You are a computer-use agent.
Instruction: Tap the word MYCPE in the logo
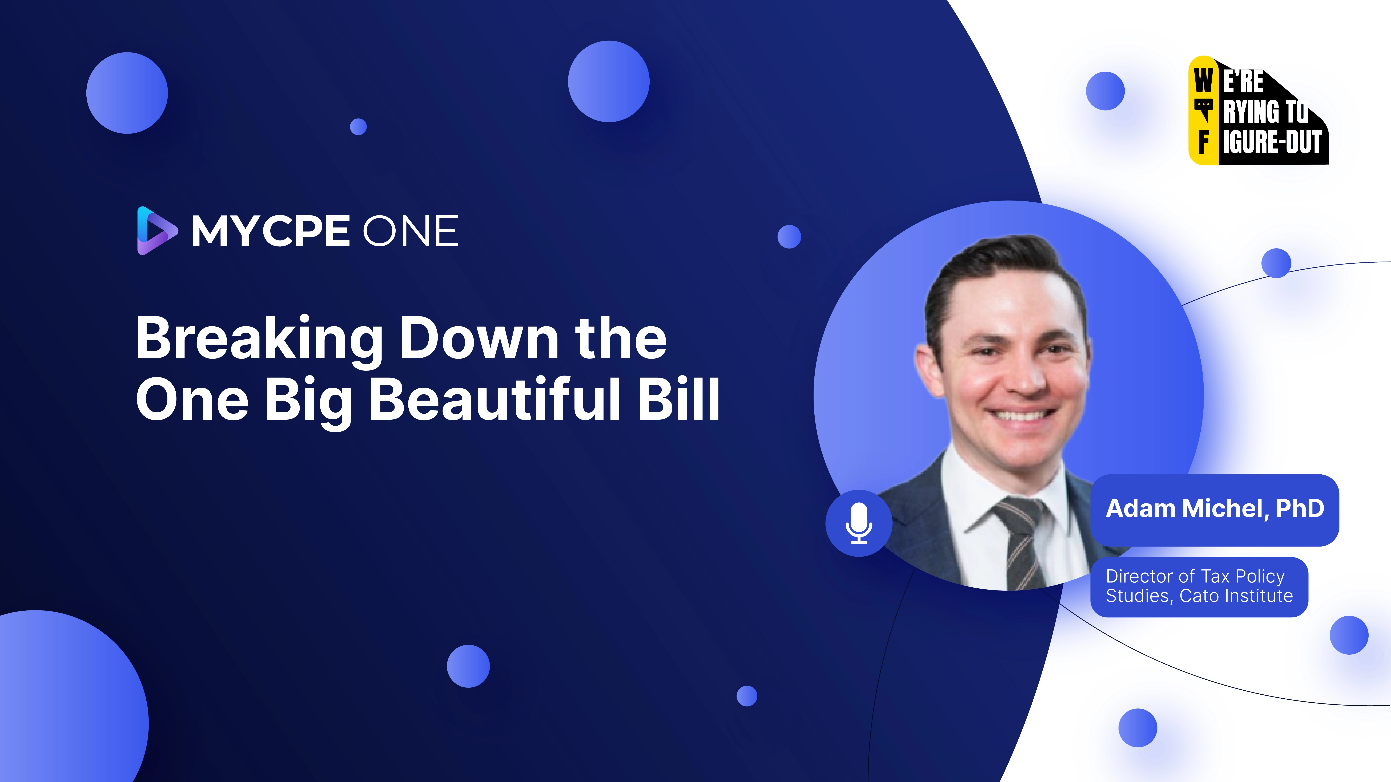point(270,231)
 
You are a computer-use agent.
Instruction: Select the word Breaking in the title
point(259,339)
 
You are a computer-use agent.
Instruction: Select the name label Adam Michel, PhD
point(1214,509)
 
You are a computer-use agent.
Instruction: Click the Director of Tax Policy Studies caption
point(1199,586)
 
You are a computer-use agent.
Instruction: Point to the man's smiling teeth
point(1018,416)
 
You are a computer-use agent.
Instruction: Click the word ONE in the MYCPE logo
point(410,231)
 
